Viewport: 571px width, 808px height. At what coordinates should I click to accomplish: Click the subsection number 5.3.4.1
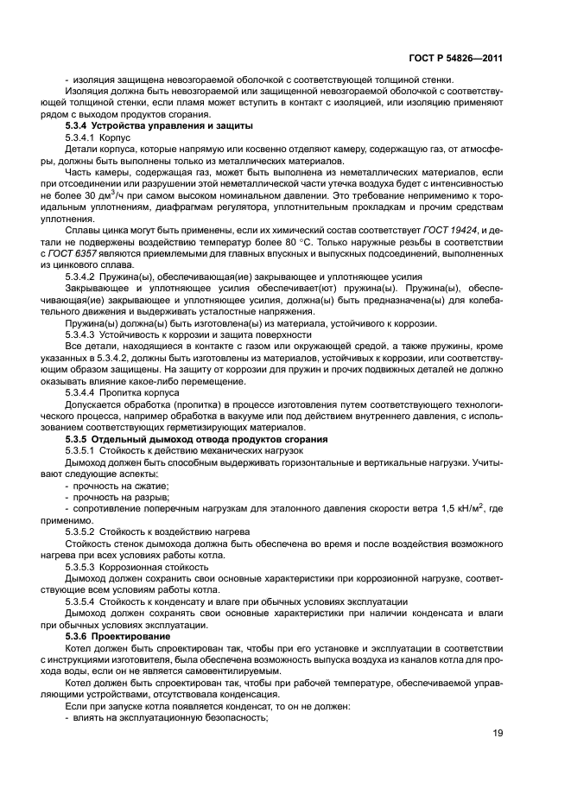(80, 139)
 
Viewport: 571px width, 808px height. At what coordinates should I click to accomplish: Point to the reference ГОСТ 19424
(451, 229)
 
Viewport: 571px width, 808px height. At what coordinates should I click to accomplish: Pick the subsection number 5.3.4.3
(80, 333)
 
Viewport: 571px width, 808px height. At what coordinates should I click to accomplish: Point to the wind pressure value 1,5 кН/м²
(458, 508)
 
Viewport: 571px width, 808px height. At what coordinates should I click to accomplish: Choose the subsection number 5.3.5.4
(80, 601)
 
